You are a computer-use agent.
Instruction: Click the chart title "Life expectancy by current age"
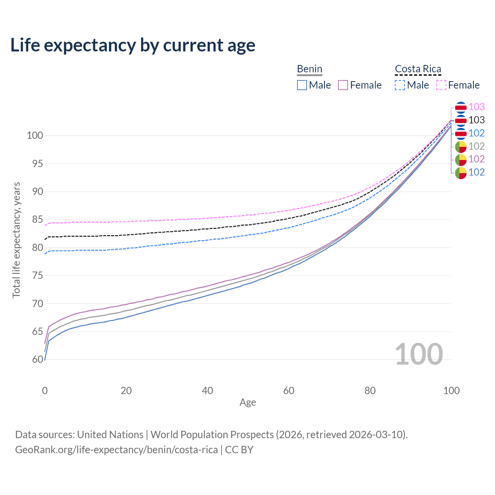(133, 45)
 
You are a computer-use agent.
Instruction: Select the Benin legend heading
(309, 69)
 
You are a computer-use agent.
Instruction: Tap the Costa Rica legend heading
(418, 69)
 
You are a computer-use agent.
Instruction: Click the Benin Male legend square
(302, 85)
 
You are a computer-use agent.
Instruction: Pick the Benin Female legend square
(343, 85)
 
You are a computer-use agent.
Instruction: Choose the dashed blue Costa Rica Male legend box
(400, 85)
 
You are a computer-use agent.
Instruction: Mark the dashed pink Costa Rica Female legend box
(441, 85)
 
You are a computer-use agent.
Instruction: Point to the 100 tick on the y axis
(34, 136)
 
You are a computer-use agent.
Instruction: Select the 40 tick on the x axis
(207, 391)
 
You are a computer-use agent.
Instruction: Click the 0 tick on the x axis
(45, 391)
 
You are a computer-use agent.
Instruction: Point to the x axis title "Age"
(247, 403)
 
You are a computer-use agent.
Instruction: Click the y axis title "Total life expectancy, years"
(16, 240)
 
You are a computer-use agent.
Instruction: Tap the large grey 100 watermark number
(418, 354)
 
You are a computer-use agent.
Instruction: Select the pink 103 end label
(476, 107)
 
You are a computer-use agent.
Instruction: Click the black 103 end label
(476, 120)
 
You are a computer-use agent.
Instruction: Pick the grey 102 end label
(476, 146)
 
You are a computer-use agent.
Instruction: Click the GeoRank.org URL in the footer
(116, 450)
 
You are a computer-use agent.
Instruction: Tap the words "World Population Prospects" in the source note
(212, 435)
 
